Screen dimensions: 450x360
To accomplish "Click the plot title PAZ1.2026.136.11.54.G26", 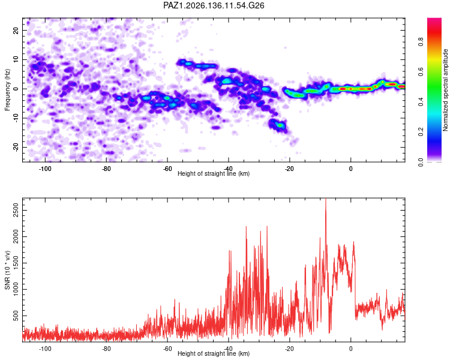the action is tap(214, 5).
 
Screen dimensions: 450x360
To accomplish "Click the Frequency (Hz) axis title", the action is tap(7, 90).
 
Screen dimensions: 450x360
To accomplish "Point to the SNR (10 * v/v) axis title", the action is tap(7, 270).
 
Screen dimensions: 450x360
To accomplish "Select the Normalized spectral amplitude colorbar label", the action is tap(445, 90).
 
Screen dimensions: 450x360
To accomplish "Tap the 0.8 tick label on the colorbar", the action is tap(421, 42).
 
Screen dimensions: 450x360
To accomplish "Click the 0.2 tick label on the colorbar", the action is tap(421, 132).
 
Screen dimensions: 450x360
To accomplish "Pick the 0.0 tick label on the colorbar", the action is tap(421, 162).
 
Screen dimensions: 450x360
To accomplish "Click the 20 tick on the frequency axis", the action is tap(16, 30).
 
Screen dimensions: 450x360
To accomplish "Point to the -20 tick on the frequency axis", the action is tap(16, 147).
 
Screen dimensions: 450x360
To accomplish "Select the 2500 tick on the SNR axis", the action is tap(16, 211).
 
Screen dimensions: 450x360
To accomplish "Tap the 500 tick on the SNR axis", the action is tap(16, 316).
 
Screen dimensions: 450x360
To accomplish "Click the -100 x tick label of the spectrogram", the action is tap(45, 169).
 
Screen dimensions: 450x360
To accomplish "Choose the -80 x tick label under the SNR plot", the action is tap(106, 349).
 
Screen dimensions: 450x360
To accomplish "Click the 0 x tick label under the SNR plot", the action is tap(351, 349).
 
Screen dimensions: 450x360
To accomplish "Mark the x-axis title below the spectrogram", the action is tap(214, 173).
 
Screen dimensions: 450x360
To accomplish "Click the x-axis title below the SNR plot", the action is tap(214, 353).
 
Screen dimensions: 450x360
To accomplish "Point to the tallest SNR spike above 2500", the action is tap(326, 199).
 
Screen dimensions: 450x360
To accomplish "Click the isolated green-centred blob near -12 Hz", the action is tap(279, 125).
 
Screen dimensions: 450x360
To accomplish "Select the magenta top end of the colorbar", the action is tap(434, 20).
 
